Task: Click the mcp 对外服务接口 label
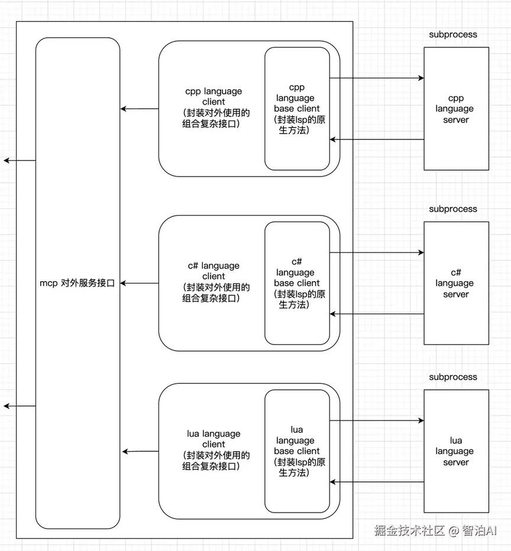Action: pyautogui.click(x=77, y=283)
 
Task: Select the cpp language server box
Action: pyautogui.click(x=456, y=109)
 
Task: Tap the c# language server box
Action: pyautogui.click(x=456, y=283)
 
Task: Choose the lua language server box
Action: pyautogui.click(x=456, y=451)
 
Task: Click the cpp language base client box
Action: pyautogui.click(x=297, y=109)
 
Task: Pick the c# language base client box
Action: pyautogui.click(x=297, y=283)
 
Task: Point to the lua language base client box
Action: pyautogui.click(x=297, y=451)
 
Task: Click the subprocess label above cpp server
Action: pyautogui.click(x=453, y=34)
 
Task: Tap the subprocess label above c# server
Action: pyautogui.click(x=453, y=209)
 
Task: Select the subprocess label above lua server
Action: pyautogui.click(x=453, y=377)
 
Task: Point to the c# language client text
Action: pyautogui.click(x=214, y=282)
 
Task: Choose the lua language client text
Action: pyautogui.click(x=214, y=451)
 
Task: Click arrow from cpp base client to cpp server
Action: pyautogui.click(x=377, y=78)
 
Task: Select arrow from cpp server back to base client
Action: pyautogui.click(x=377, y=139)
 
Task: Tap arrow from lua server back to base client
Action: pyautogui.click(x=377, y=482)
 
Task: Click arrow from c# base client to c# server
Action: pyautogui.click(x=377, y=253)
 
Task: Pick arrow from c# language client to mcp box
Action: pyautogui.click(x=140, y=283)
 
